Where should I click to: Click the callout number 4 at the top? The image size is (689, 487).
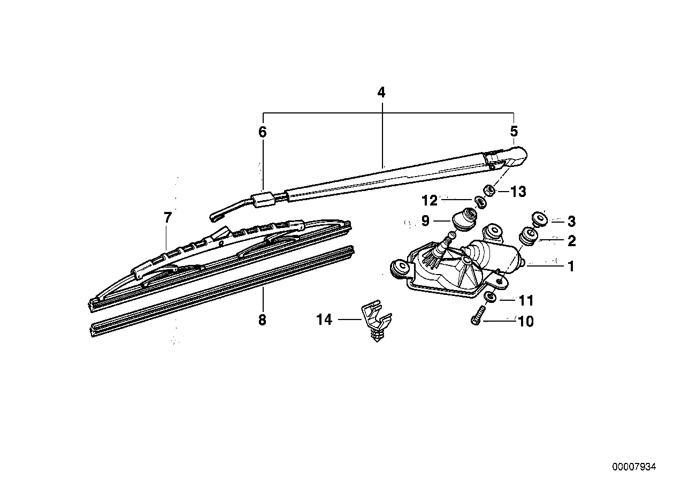tap(380, 93)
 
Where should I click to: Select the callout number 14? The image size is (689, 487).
tap(324, 320)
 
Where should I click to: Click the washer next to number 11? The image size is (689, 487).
tap(489, 298)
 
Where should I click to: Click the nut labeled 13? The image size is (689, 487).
tap(489, 191)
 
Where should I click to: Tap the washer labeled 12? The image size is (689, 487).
tap(480, 202)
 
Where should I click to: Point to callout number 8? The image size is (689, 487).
tap(262, 320)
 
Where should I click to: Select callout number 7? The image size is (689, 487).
tap(167, 218)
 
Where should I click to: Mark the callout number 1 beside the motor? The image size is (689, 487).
tap(571, 266)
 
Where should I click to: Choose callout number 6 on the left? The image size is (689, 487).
tap(262, 132)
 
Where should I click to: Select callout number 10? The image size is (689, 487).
tap(526, 322)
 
